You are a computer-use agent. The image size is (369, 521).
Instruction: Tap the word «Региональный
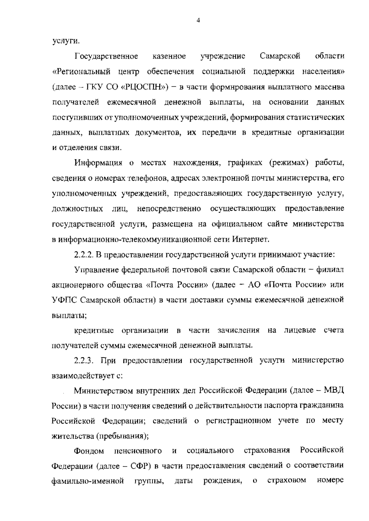[81, 72]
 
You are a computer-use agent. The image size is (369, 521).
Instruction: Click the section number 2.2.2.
[84, 254]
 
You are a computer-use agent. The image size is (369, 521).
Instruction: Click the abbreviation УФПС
[65, 300]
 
